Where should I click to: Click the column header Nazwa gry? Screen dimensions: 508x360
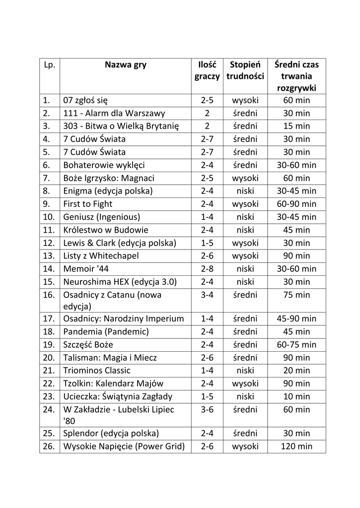(x=125, y=65)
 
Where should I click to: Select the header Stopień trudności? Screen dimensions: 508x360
(x=245, y=71)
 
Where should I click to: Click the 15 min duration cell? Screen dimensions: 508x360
(x=296, y=126)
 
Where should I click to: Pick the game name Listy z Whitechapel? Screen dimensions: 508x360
(x=101, y=256)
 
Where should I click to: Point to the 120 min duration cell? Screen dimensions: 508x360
(x=296, y=446)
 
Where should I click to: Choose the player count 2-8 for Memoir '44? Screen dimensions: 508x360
(x=207, y=269)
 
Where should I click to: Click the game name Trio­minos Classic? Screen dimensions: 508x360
(x=97, y=371)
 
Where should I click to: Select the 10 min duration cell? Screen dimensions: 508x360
(x=296, y=396)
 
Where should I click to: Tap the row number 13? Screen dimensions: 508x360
(x=49, y=256)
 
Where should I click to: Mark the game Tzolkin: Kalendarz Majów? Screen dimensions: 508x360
(x=113, y=383)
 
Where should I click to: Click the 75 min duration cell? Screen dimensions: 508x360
(x=296, y=295)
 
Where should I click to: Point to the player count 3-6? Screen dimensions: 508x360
(x=207, y=410)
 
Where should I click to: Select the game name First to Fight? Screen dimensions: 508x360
(x=88, y=204)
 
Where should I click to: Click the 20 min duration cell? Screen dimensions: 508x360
(x=296, y=371)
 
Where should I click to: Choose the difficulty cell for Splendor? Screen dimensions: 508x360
(x=245, y=433)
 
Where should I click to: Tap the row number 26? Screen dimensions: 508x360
(x=49, y=446)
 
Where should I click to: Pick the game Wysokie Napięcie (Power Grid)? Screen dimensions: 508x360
(x=124, y=446)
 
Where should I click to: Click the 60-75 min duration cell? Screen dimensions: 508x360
(x=296, y=345)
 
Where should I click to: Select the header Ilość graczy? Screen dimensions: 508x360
(x=207, y=71)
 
